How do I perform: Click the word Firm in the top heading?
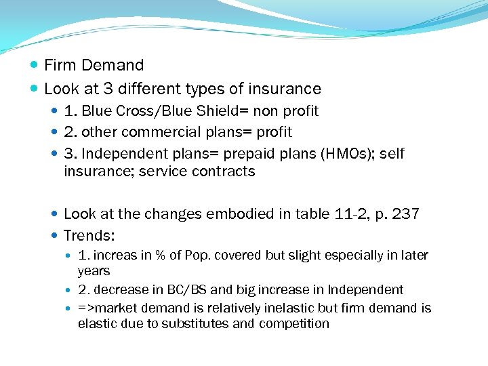point(59,66)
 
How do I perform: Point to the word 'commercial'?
point(150,131)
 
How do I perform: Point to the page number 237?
point(405,214)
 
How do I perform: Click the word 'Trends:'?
point(89,236)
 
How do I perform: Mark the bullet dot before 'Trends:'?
point(55,236)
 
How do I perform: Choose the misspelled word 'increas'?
point(114,256)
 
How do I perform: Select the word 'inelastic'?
point(288,308)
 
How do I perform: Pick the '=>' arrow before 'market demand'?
point(86,308)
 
